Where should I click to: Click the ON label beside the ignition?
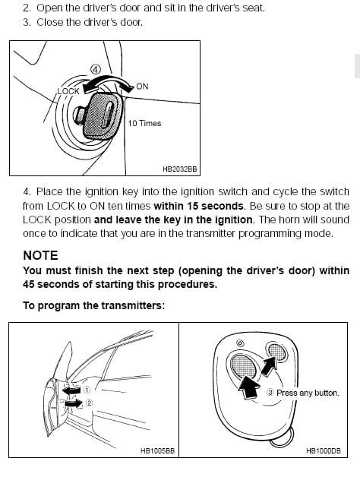tap(142, 87)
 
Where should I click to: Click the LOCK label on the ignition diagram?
tap(68, 91)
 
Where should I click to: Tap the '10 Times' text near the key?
tap(144, 123)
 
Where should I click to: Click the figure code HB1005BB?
tap(156, 450)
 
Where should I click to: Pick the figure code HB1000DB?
tap(323, 450)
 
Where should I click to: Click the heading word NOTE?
tap(40, 255)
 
